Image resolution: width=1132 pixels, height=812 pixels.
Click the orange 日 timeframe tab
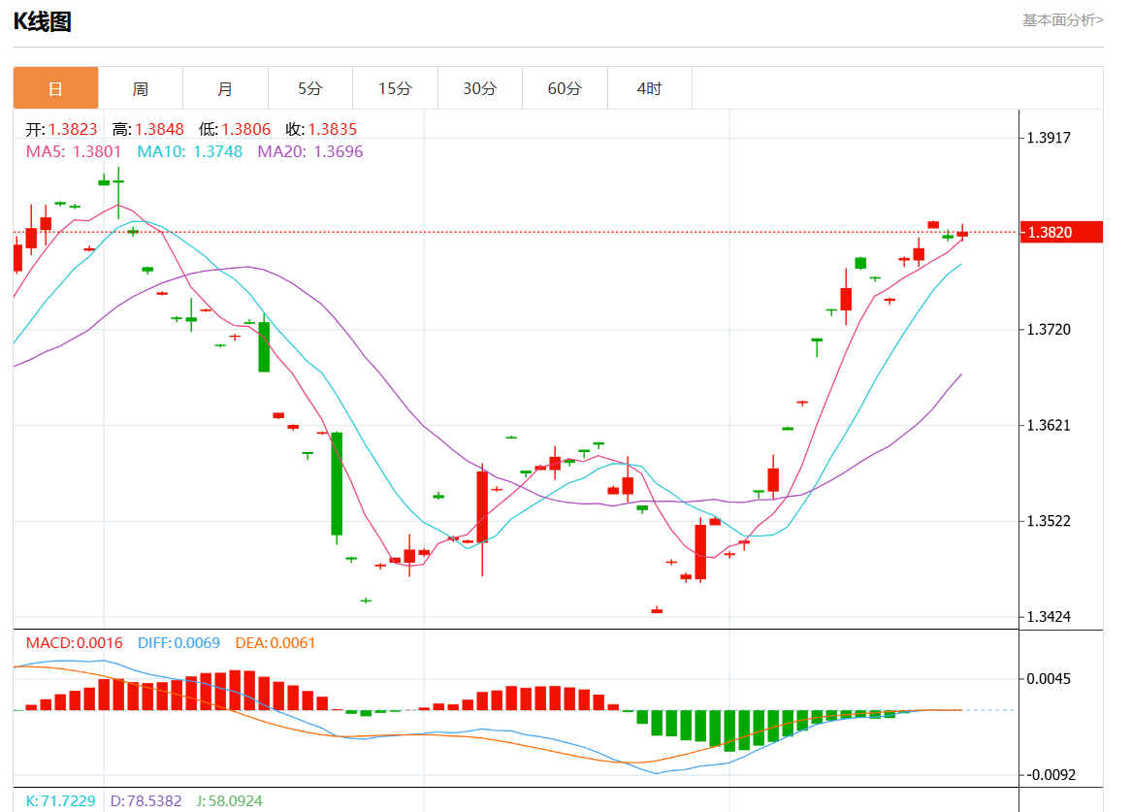click(55, 88)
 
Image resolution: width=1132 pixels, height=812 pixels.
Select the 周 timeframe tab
click(141, 88)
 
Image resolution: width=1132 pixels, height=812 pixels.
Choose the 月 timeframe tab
click(225, 88)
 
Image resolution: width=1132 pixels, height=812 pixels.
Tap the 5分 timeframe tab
click(309, 88)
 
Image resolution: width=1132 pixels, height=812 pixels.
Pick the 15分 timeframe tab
click(395, 88)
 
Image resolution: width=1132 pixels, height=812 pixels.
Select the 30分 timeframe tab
click(479, 88)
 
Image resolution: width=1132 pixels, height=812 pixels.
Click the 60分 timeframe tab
click(565, 88)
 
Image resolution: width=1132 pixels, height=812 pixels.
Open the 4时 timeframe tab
click(649, 88)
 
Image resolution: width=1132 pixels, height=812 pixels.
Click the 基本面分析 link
click(1062, 19)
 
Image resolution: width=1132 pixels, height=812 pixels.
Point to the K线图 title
click(42, 21)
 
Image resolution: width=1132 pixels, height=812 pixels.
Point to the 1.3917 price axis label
click(1049, 138)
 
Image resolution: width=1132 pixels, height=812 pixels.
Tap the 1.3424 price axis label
click(1049, 617)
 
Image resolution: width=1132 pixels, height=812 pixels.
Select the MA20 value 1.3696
click(338, 151)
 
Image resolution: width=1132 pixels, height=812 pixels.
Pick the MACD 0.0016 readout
click(74, 642)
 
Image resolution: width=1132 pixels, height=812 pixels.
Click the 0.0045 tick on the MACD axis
click(1049, 678)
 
